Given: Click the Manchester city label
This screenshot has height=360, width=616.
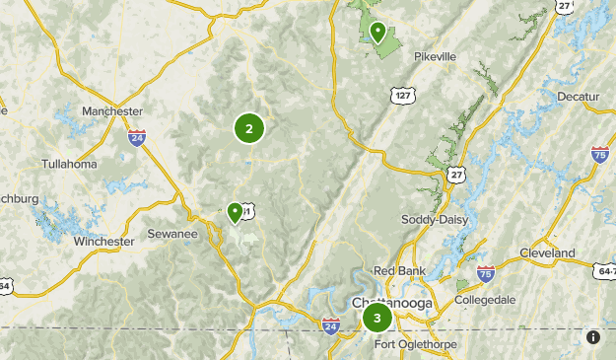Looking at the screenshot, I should click(x=112, y=111).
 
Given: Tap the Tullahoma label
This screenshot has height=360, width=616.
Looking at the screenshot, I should click(x=69, y=164).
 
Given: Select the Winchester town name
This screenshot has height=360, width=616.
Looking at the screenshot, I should click(x=103, y=241).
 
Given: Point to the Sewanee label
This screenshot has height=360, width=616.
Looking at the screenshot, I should click(x=172, y=234).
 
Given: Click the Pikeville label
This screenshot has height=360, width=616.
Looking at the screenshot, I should click(x=435, y=56).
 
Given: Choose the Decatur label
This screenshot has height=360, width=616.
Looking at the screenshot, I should click(x=578, y=96).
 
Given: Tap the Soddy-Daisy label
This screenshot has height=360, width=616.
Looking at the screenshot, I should click(x=435, y=218).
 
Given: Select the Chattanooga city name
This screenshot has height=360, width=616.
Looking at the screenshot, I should click(x=392, y=303).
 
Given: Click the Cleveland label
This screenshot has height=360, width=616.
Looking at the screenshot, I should click(x=547, y=252).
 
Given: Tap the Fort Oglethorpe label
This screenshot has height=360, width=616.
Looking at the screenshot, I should click(x=418, y=342).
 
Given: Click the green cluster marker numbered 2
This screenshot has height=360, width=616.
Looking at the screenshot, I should click(x=249, y=128).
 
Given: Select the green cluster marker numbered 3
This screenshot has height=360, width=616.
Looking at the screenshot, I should click(x=376, y=318).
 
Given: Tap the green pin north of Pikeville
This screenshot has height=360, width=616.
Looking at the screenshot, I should click(x=377, y=33).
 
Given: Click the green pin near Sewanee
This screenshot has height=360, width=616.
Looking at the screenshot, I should click(x=235, y=211).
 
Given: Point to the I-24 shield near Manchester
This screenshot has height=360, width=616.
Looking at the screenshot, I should click(x=137, y=138).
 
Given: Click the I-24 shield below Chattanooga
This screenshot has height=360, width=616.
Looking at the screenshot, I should click(x=329, y=325).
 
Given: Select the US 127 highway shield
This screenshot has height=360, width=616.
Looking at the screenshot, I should click(x=402, y=96).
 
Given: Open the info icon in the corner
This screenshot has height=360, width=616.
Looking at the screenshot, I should click(x=593, y=337).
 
